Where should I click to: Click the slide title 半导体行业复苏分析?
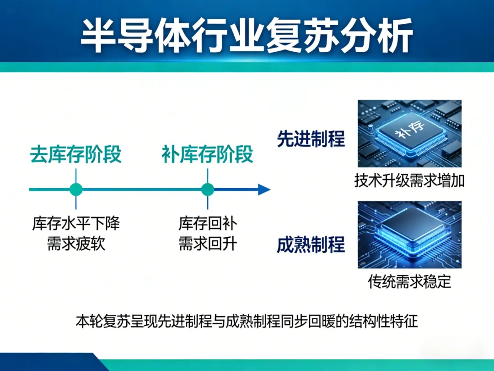(247, 36)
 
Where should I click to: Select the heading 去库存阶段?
(76, 154)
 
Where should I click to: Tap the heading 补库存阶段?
(207, 154)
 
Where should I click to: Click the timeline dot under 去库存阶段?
(76, 189)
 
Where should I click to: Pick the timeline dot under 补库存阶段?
(208, 189)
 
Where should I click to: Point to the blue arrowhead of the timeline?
(264, 189)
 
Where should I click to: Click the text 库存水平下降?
(76, 224)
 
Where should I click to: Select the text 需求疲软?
(76, 243)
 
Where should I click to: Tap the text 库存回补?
(208, 224)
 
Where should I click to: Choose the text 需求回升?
(208, 243)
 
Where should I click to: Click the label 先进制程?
(311, 139)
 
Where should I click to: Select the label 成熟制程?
(311, 245)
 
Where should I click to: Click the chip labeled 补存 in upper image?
(408, 134)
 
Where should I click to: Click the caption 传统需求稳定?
(409, 281)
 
